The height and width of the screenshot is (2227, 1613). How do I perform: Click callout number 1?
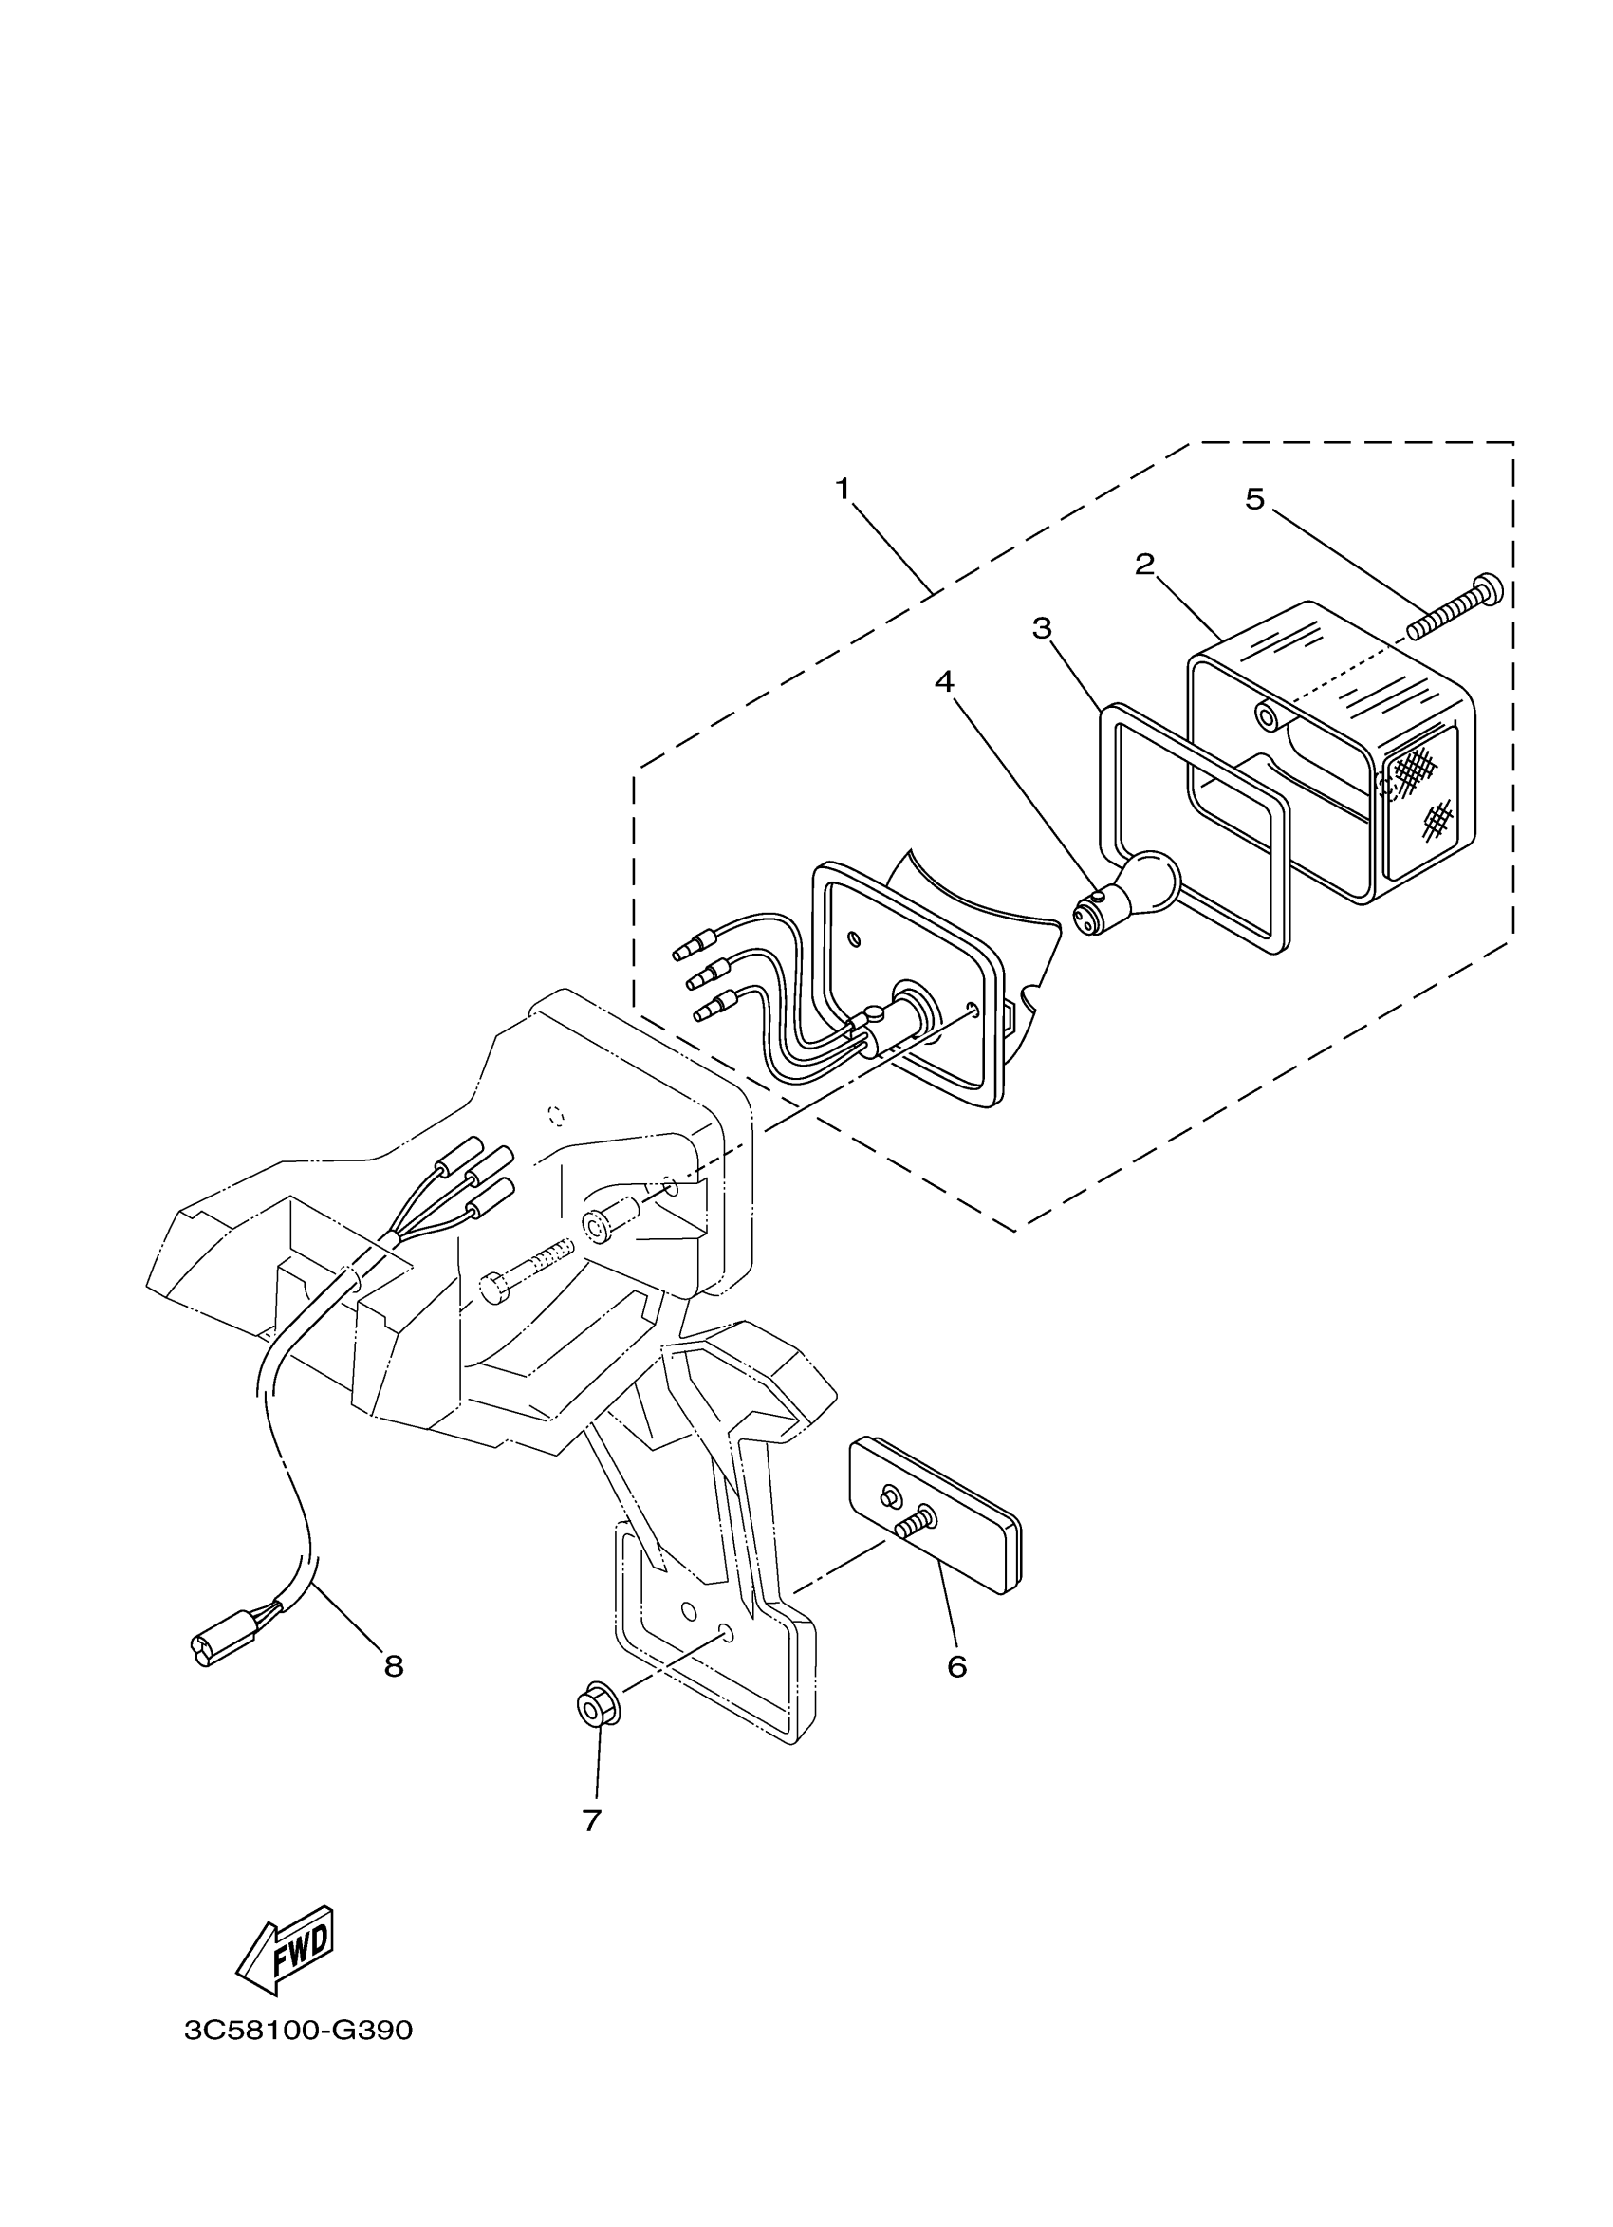click(843, 488)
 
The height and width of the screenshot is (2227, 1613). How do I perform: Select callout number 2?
click(1143, 565)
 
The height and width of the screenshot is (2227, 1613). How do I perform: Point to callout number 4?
click(944, 681)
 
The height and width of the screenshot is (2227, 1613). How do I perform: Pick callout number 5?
click(1254, 499)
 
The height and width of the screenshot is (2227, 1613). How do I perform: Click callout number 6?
click(957, 1665)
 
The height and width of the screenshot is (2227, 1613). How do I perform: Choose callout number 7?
click(591, 1820)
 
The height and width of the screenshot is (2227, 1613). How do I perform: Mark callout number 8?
click(394, 1665)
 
